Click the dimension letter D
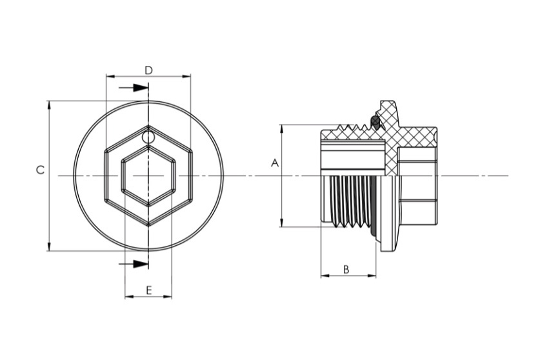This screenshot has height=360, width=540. pos(148,70)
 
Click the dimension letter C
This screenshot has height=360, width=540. pos(40,170)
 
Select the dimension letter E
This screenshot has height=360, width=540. pos(149,290)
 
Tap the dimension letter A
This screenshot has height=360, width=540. pos(274,163)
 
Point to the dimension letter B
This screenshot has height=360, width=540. pos(346,270)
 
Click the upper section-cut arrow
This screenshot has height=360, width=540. pos(134,88)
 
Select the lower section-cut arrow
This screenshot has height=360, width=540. pos(134,264)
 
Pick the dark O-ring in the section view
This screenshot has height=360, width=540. pos(375,122)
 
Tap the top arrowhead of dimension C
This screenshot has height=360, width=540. pos(49,105)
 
